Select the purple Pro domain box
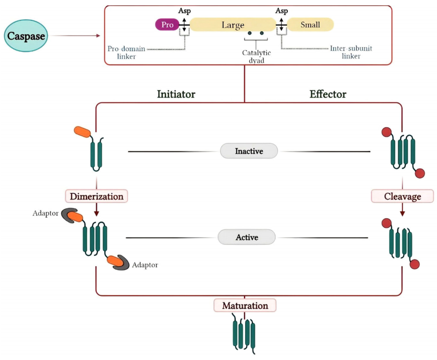click(x=166, y=24)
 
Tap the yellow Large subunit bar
click(x=232, y=24)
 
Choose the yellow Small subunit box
click(x=310, y=24)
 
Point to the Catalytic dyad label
click(x=256, y=56)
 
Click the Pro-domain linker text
click(x=127, y=52)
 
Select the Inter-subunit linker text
click(x=355, y=52)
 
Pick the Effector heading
click(x=327, y=94)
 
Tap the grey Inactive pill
click(x=249, y=152)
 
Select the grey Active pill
click(x=247, y=237)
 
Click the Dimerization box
click(x=96, y=196)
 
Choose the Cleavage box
click(x=403, y=196)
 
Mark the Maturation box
click(x=245, y=305)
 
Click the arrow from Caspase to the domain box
click(x=76, y=36)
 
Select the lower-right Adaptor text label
click(x=144, y=265)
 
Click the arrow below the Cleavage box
click(x=403, y=210)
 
